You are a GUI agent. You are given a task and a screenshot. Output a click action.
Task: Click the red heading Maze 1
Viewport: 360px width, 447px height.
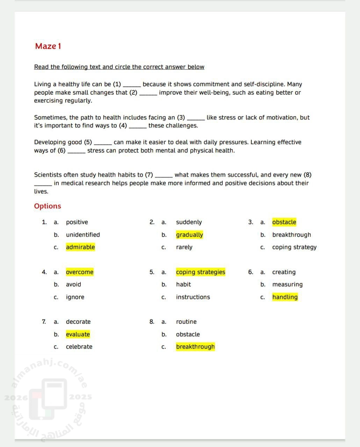coord(48,46)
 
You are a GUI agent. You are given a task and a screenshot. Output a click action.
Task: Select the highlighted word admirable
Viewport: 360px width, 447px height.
coord(80,247)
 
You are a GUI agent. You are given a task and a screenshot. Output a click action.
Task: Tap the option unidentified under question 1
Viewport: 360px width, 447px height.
coord(83,235)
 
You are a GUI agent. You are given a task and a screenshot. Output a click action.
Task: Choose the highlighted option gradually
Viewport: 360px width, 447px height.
coord(189,235)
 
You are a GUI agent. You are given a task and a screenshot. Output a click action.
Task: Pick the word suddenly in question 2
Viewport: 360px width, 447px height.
coord(189,222)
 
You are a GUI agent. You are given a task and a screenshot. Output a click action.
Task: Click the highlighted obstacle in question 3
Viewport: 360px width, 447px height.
coord(284,222)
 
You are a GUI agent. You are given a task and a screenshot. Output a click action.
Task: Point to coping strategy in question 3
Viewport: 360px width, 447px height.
coord(294,247)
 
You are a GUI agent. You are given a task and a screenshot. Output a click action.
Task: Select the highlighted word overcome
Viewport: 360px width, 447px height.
coord(80,272)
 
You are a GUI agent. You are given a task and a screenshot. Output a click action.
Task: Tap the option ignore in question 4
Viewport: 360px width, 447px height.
coord(75,297)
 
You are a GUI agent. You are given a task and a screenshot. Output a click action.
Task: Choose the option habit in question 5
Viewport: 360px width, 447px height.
coord(183,285)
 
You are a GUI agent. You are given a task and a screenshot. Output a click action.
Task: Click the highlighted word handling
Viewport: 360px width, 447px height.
coord(285,297)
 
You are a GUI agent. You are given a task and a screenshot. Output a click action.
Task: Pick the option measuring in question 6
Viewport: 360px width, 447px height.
coord(287,285)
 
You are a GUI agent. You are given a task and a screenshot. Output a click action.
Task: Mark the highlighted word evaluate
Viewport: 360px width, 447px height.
coord(78,335)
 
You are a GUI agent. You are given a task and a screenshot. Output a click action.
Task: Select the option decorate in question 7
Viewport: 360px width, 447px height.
coord(78,322)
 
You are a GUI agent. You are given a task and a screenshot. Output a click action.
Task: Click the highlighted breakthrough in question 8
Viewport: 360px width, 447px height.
coord(195,347)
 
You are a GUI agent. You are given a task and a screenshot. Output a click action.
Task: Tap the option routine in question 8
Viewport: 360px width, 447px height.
coord(186,322)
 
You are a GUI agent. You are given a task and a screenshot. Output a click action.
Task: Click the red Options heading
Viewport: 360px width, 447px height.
coord(48,206)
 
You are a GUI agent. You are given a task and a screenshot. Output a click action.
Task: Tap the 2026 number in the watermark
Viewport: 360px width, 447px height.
coord(16,397)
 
